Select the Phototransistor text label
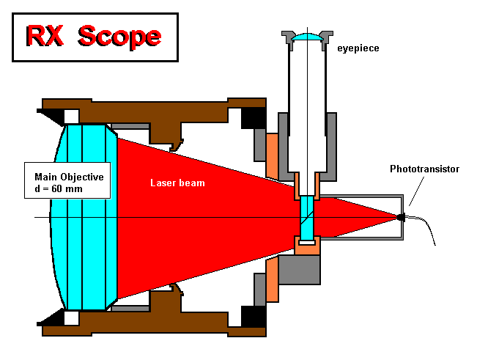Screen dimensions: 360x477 point(424,169)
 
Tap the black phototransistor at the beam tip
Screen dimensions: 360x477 point(400,217)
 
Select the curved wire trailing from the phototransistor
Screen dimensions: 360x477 point(429,231)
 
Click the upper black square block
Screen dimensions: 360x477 point(253,118)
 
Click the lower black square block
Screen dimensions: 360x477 point(253,316)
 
